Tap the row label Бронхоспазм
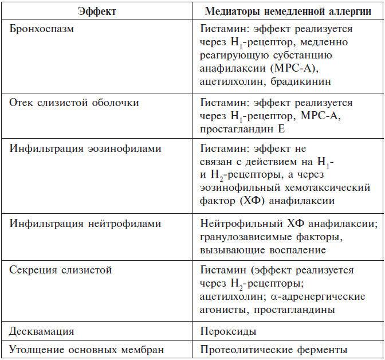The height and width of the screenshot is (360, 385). [x=42, y=29]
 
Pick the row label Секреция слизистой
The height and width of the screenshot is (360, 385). [x=60, y=269]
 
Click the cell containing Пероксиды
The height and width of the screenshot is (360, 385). [x=229, y=332]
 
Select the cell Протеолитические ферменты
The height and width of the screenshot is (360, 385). [x=274, y=349]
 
